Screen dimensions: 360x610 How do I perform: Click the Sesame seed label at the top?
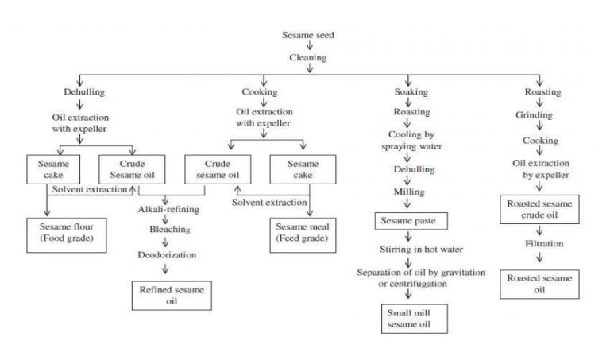click(309, 35)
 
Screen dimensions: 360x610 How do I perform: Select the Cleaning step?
click(309, 58)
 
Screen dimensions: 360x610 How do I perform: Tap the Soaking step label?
click(411, 92)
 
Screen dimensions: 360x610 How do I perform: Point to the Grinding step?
click(540, 116)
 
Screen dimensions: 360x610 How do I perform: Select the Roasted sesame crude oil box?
click(540, 209)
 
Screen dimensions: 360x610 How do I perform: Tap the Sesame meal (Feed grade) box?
click(309, 232)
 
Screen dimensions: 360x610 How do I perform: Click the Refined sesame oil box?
click(172, 296)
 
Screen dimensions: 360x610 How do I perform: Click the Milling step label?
click(410, 192)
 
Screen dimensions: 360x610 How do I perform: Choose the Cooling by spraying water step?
click(411, 141)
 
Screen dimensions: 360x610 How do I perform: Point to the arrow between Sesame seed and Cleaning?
click(309, 46)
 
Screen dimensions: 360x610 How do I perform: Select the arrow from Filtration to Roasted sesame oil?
click(540, 258)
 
